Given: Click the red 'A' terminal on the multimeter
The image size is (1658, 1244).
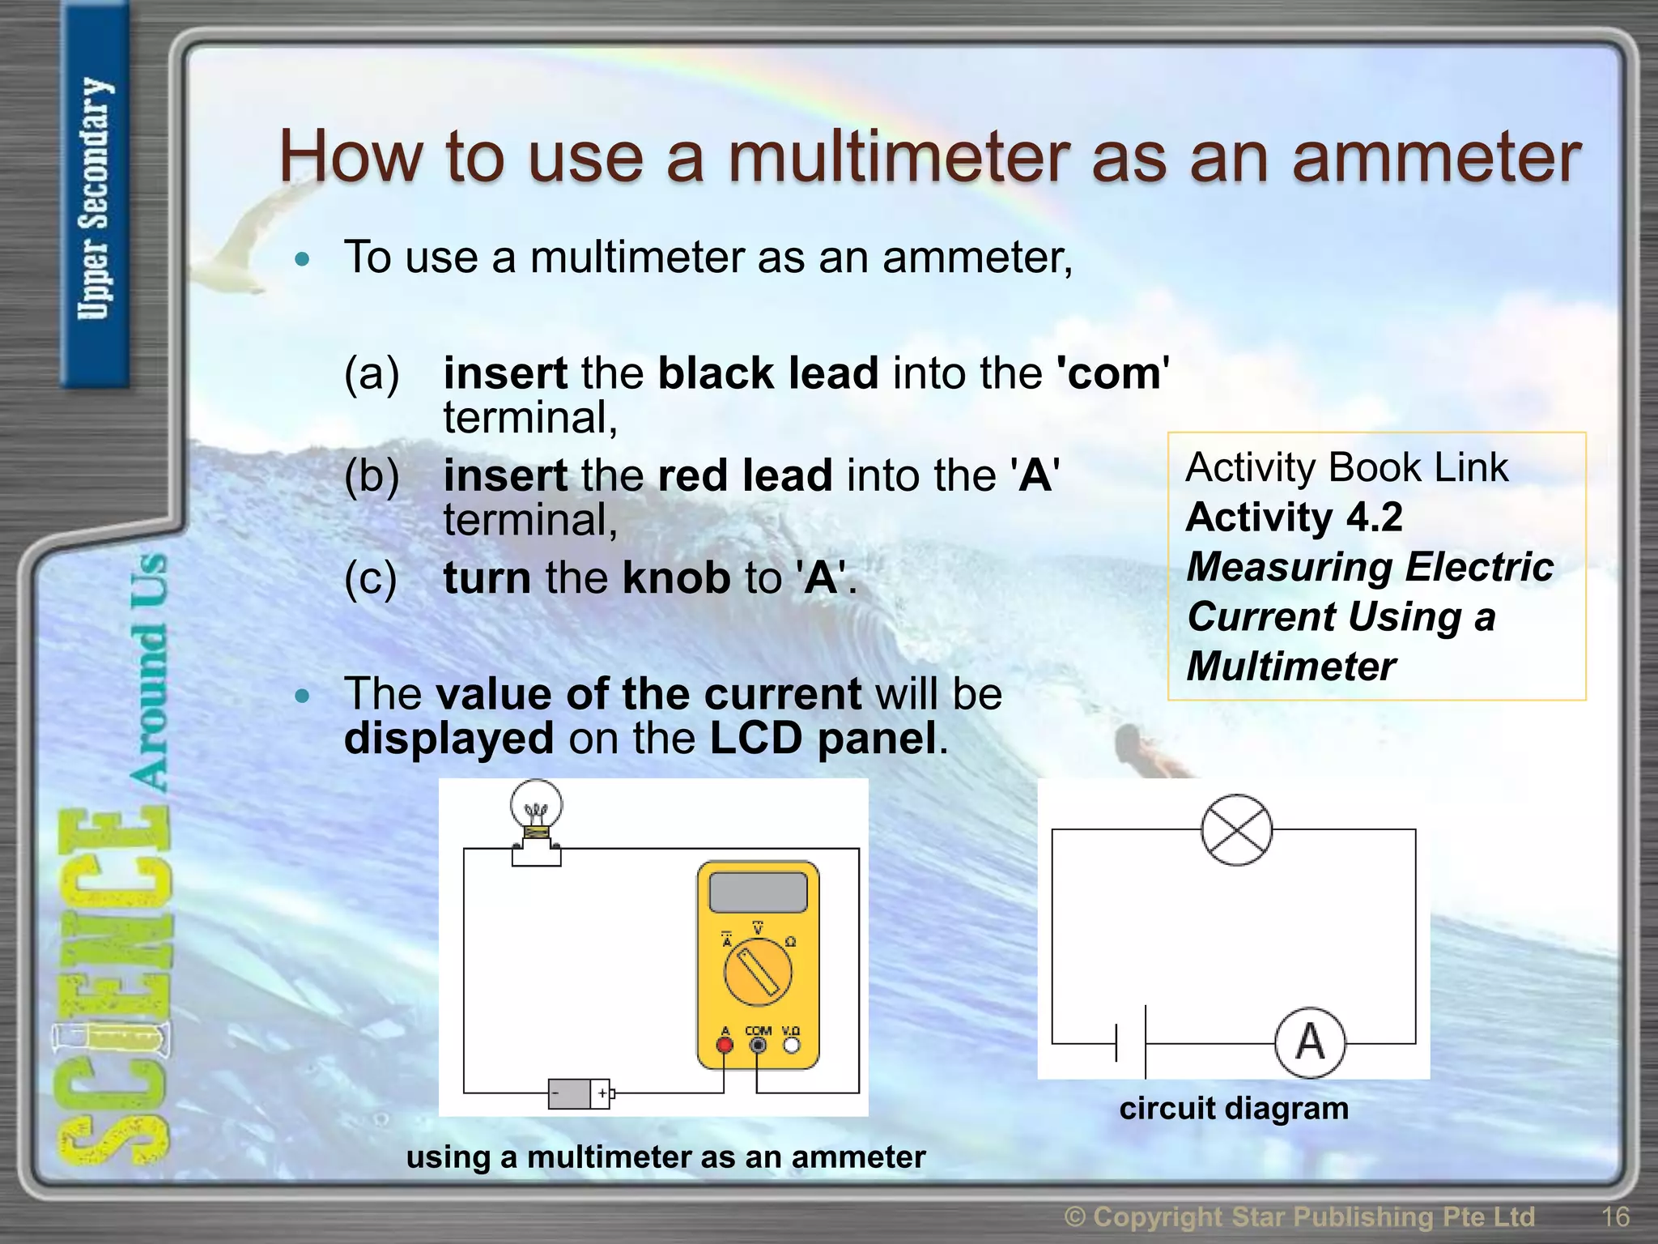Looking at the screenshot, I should [725, 1045].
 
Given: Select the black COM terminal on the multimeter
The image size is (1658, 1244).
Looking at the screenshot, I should [758, 1045].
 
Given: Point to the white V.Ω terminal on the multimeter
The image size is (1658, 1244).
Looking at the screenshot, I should [791, 1045].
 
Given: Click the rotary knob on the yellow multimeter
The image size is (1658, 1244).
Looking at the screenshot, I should [758, 972].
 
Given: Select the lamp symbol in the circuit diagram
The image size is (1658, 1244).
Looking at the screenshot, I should [1236, 830].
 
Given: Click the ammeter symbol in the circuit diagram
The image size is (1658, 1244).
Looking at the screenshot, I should [1310, 1042].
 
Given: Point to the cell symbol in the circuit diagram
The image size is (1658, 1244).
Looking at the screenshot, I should [1131, 1042].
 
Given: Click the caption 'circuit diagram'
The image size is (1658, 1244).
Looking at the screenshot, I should [1234, 1108].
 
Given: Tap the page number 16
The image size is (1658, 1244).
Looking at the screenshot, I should [1615, 1216].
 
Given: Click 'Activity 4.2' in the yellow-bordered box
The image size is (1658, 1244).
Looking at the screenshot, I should [1294, 517].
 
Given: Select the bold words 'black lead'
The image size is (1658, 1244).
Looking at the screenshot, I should [767, 373].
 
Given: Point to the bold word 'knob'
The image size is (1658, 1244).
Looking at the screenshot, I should [676, 577].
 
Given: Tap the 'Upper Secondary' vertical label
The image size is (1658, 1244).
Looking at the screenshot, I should [95, 198].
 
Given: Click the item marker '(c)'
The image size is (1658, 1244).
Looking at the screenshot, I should [371, 577].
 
